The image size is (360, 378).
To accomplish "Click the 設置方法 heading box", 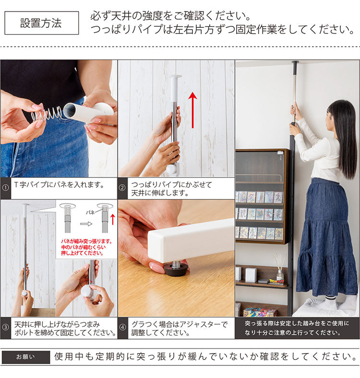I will [41, 23].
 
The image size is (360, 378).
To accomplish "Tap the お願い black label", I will [25, 357].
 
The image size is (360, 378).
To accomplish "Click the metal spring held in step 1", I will [48, 114].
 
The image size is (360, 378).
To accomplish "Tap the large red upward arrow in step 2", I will [192, 110].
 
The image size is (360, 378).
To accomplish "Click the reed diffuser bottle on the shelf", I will [280, 272].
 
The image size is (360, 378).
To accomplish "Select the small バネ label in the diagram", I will [90, 211].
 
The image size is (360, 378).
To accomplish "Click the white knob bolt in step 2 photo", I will [172, 169].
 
